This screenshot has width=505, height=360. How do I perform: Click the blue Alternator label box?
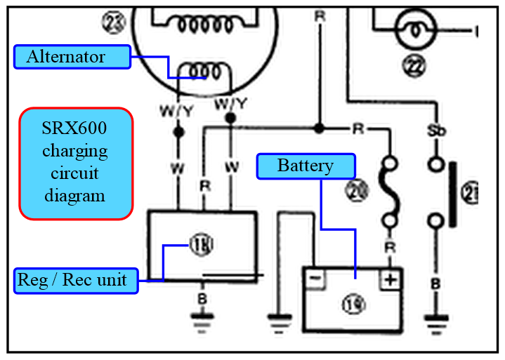tap(72, 57)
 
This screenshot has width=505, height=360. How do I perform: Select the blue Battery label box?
tap(306, 166)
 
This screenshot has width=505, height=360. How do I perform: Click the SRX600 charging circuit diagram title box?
tap(75, 164)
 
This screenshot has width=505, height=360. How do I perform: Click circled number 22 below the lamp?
tap(414, 66)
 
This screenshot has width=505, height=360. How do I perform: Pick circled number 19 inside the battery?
tap(351, 304)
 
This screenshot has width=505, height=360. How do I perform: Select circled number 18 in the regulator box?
tap(200, 245)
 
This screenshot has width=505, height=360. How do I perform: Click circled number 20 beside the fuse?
tap(357, 189)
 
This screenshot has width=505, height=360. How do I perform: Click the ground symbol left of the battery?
tap(280, 321)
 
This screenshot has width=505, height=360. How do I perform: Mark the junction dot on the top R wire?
tap(319, 128)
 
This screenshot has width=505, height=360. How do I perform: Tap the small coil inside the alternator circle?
tap(204, 71)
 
